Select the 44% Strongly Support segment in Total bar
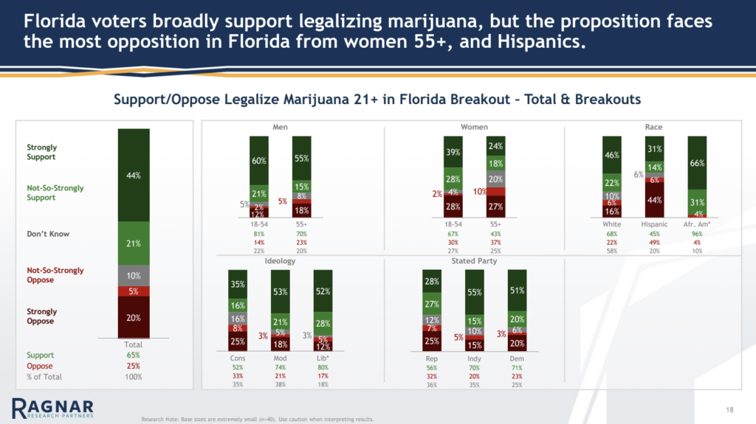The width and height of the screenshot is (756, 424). (x=134, y=175)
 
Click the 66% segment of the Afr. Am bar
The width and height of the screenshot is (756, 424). (x=697, y=162)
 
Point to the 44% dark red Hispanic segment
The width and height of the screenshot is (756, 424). (x=654, y=200)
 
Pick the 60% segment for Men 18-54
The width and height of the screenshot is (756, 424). (x=259, y=160)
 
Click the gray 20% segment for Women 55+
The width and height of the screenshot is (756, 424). (x=495, y=179)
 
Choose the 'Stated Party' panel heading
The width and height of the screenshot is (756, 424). (x=474, y=261)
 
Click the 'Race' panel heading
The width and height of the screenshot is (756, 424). (x=653, y=127)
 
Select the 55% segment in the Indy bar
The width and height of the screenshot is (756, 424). (x=474, y=292)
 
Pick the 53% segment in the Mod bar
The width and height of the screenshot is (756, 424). (x=281, y=292)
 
